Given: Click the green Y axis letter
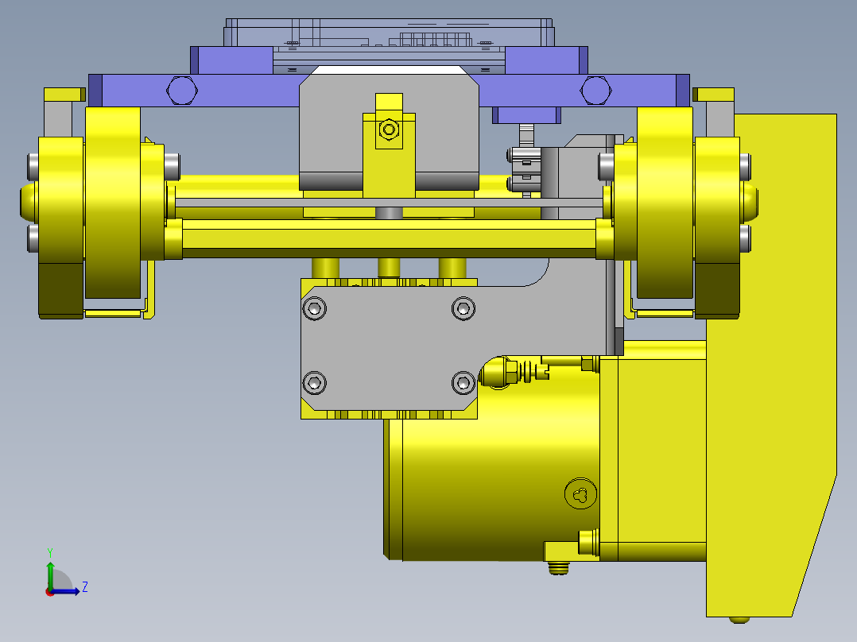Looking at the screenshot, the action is (x=50, y=552).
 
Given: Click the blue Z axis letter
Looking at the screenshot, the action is (x=85, y=587).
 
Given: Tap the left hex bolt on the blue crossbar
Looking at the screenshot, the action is (x=182, y=90).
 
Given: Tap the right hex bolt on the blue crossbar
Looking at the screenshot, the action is (x=595, y=90).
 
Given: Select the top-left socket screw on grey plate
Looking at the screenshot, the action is (x=314, y=309).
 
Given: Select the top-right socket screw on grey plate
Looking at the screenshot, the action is (x=463, y=309).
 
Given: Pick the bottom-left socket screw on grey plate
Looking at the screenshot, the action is (x=314, y=382).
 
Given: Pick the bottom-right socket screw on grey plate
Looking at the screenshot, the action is (x=463, y=382).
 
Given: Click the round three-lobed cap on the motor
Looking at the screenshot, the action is (x=580, y=494).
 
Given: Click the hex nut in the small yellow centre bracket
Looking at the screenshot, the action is (x=390, y=130).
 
